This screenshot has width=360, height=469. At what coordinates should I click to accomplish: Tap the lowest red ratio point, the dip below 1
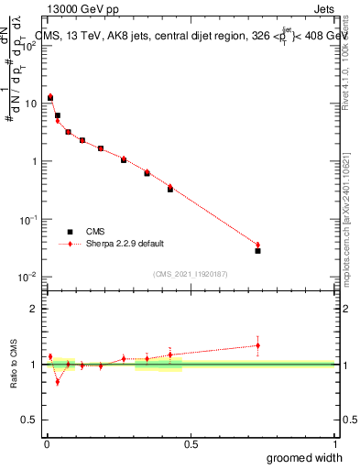pos(58,382)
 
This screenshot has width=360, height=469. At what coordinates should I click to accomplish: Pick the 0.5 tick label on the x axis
pos(191,443)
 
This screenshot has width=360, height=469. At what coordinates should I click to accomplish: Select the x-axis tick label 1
pos(334,443)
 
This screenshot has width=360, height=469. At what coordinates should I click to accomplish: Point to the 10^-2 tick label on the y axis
pos(27,277)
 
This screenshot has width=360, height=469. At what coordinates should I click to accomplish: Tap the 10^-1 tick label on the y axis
pos(27,219)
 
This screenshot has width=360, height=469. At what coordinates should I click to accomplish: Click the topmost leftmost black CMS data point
pos(50,97)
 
